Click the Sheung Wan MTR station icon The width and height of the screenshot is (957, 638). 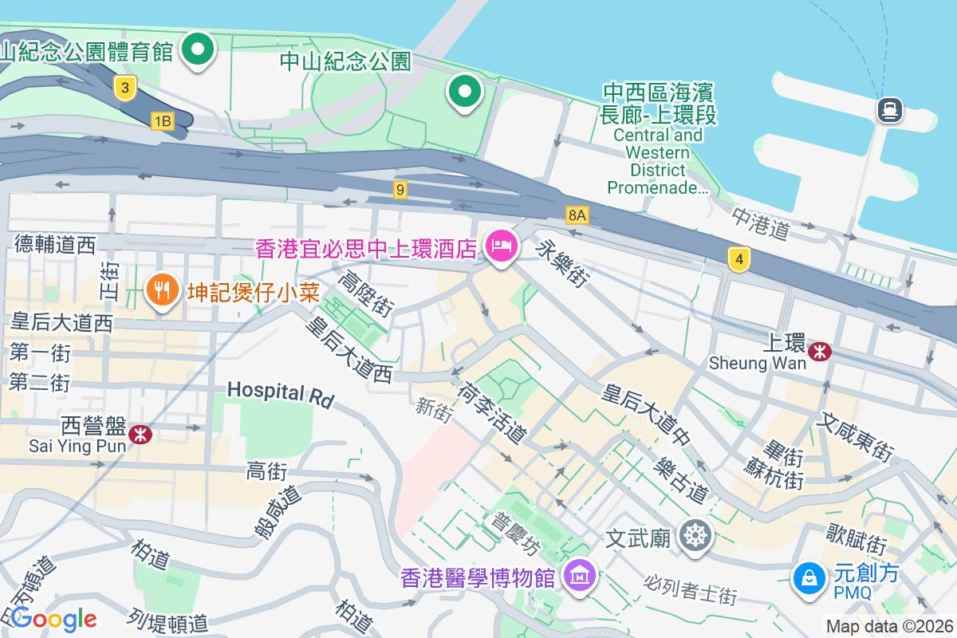pos(819,351)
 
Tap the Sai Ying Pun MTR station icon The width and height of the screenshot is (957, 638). pos(141,434)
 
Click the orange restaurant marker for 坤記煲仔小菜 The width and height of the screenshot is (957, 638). pos(163,290)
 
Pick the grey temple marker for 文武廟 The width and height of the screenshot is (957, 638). pos(695,535)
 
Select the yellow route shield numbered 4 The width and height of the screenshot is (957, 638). pos(739,258)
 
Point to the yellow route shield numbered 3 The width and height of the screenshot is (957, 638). pos(124,88)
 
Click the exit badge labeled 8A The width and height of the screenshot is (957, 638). pos(577,215)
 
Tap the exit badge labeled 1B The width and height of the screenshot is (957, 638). pos(163,121)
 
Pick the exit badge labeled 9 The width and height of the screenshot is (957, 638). pos(400,190)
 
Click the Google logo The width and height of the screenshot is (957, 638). pos(54,619)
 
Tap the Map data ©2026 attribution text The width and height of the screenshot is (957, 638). pos(889,626)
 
